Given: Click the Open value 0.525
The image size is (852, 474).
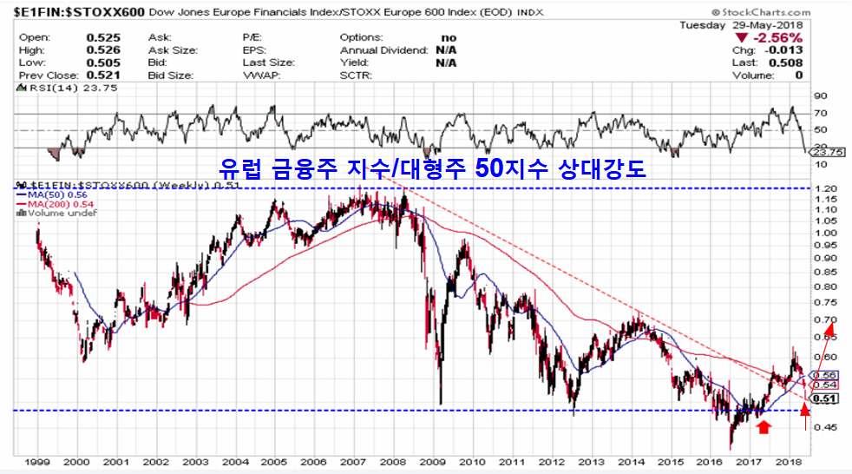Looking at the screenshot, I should coord(103,38).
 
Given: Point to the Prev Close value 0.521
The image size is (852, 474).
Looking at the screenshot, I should coord(103,76).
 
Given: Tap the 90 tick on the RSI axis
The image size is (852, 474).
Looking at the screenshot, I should coord(821,96).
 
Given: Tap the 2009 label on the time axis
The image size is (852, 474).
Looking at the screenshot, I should coord(432,463).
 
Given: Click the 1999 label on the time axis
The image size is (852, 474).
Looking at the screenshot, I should coord(36,463).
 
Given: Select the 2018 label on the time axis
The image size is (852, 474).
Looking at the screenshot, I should coord(788,463).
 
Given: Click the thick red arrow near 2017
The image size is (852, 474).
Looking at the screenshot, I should coord(763,425).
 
